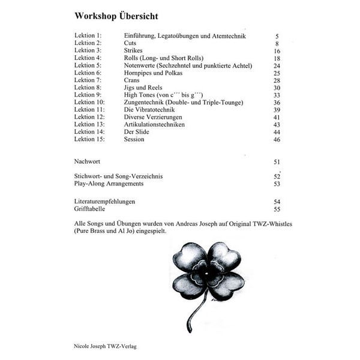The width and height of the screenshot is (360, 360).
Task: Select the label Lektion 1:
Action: tap(88, 36)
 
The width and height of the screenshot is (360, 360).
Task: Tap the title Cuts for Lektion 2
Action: tap(130, 43)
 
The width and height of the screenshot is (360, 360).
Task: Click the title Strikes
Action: tap(133, 51)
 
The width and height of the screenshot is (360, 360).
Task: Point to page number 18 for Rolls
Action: tap(277, 58)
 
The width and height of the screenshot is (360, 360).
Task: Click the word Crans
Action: tap(131, 80)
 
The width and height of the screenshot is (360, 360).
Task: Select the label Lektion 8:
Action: tap(88, 88)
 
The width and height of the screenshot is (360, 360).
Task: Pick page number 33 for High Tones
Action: tap(277, 95)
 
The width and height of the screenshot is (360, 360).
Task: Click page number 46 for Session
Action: tap(277, 139)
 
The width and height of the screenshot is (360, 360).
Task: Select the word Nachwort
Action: tap(88, 162)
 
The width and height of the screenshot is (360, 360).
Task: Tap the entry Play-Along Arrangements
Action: tap(109, 184)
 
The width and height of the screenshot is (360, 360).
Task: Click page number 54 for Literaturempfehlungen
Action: tap(277, 202)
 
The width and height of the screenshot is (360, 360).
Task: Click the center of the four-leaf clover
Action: tap(208, 274)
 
